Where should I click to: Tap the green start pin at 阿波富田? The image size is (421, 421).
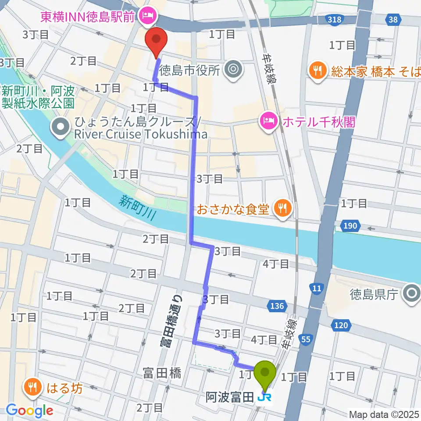(265, 375)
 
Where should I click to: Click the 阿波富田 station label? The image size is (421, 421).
(230, 398)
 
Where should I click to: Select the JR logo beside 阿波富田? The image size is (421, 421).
(264, 398)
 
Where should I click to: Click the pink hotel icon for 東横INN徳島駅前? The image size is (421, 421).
(145, 17)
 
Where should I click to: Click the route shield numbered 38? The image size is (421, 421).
(393, 19)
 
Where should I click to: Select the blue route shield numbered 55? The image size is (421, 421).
(307, 339)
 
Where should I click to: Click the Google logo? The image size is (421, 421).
(29, 410)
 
